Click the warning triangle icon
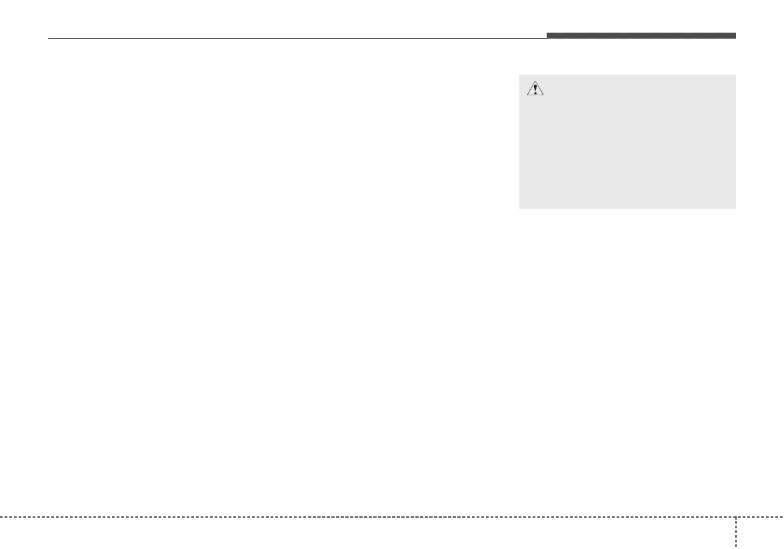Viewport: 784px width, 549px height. click(535, 89)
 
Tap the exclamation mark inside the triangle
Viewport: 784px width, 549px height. click(535, 89)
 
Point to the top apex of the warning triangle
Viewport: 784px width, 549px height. click(535, 81)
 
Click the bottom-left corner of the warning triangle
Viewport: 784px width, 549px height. click(527, 95)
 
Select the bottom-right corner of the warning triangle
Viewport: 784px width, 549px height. click(544, 95)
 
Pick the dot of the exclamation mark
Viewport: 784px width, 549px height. click(535, 93)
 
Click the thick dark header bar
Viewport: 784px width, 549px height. click(641, 35)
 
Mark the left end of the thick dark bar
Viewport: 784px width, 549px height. click(547, 35)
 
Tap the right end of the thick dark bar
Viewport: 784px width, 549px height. click(735, 35)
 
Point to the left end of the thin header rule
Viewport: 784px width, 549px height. click(49, 38)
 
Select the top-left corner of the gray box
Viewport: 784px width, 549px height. click(519, 75)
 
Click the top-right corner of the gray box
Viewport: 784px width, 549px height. click(735, 75)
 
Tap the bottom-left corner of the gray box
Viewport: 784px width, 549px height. click(519, 209)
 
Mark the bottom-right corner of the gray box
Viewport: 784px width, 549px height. click(735, 209)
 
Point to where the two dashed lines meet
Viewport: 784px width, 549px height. click(737, 516)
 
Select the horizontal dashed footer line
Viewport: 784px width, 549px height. click(367, 516)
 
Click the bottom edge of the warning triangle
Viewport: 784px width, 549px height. click(535, 95)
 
